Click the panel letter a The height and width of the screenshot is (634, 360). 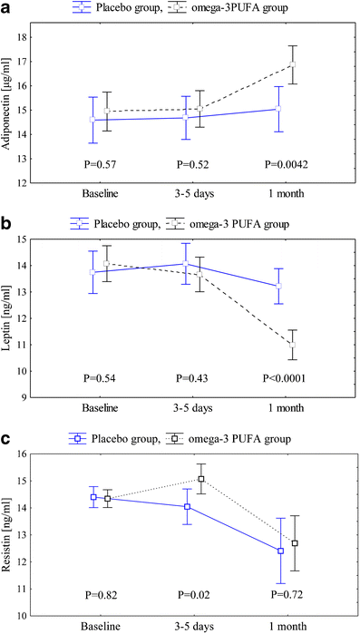pyautogui.click(x=7, y=8)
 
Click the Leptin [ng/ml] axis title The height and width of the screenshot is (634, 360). pyautogui.click(x=12, y=317)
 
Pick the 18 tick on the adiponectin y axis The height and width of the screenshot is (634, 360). pyautogui.click(x=44, y=37)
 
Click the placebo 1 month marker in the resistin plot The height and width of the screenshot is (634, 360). pyautogui.click(x=280, y=551)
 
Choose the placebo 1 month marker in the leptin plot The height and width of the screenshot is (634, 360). pyautogui.click(x=279, y=286)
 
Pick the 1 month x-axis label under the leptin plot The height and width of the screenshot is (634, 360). pyautogui.click(x=286, y=410)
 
